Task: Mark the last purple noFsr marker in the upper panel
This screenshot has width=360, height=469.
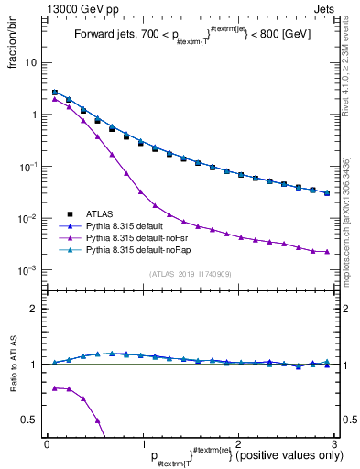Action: tap(327, 252)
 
